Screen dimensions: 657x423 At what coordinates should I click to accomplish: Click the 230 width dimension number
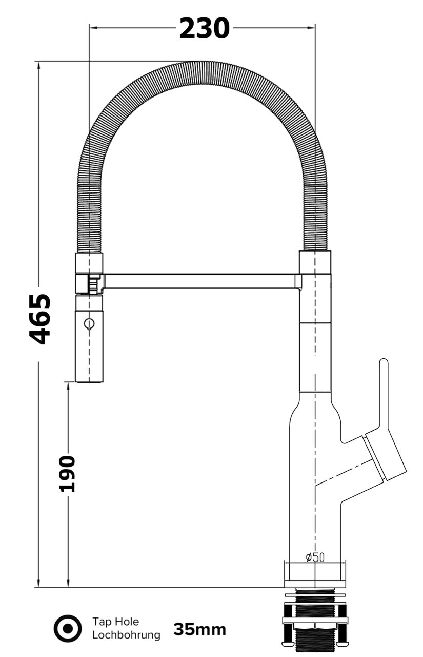point(204,28)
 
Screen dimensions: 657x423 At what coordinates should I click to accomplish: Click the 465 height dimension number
point(40,319)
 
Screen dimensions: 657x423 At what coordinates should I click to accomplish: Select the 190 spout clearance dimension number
point(67,473)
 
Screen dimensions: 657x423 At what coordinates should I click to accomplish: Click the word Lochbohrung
point(126,635)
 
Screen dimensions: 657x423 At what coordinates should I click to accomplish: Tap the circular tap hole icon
point(68,629)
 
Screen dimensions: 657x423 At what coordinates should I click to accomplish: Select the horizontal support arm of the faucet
point(200,281)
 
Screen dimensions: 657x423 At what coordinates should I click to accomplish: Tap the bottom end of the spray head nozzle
point(89,381)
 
